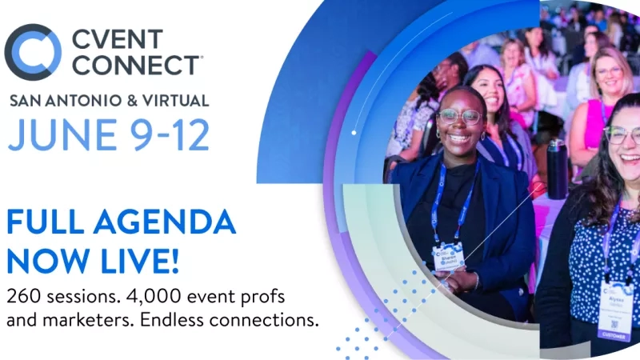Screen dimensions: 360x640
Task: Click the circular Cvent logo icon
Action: tap(33, 52)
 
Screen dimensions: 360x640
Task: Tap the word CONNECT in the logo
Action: tap(136, 65)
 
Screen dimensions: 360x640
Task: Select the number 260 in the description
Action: tap(23, 296)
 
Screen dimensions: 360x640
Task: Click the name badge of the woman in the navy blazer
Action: tap(449, 256)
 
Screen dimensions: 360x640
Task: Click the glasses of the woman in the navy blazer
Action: tap(458, 117)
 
